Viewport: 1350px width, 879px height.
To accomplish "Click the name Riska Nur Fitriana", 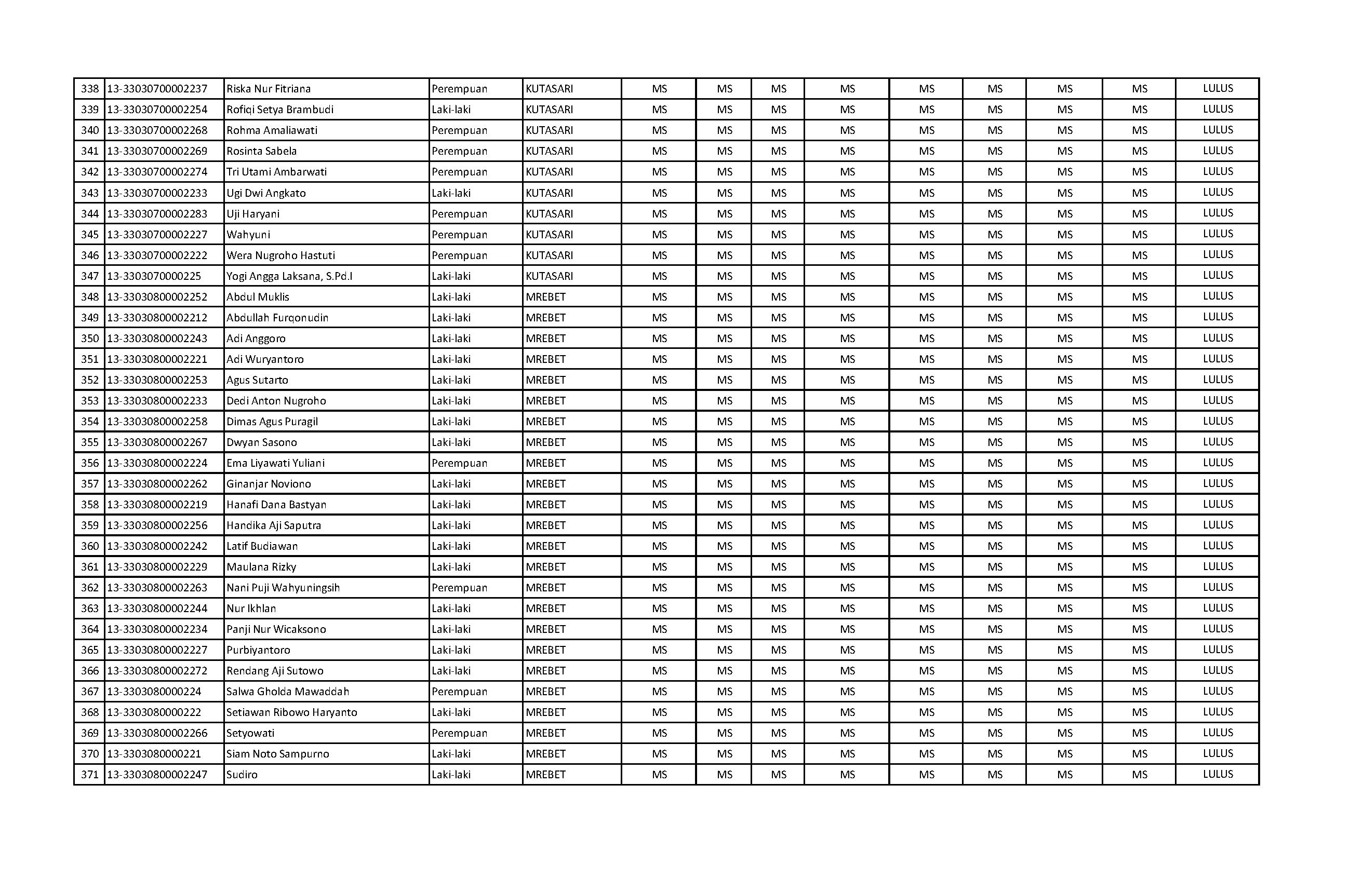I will [269, 89].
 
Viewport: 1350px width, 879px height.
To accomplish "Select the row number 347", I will [90, 276].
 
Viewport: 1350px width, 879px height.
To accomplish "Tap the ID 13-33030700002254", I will [157, 110].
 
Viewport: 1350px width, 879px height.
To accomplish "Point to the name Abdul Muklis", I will [258, 297].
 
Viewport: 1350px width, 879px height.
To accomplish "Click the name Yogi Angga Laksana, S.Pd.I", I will [289, 276].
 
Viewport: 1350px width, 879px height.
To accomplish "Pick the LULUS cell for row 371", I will [1218, 774].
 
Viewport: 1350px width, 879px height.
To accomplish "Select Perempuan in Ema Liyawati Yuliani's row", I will [460, 463].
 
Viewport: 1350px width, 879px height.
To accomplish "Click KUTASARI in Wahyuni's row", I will [549, 235].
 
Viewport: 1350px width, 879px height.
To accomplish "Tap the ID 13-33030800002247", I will [157, 775].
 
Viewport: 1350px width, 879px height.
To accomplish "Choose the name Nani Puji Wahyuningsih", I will [283, 588].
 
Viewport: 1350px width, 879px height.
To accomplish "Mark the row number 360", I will [90, 546].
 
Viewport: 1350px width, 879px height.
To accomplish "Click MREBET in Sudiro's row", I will [546, 775].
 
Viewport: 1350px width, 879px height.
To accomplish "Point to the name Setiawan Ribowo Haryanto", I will [291, 713].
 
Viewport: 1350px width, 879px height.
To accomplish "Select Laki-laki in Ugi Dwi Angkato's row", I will [451, 193].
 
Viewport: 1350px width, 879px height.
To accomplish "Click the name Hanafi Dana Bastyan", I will [276, 505].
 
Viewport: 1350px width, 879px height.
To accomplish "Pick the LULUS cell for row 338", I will [1218, 88].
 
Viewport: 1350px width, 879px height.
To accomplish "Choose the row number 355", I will [90, 442].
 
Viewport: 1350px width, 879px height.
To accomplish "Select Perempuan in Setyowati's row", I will [460, 733].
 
